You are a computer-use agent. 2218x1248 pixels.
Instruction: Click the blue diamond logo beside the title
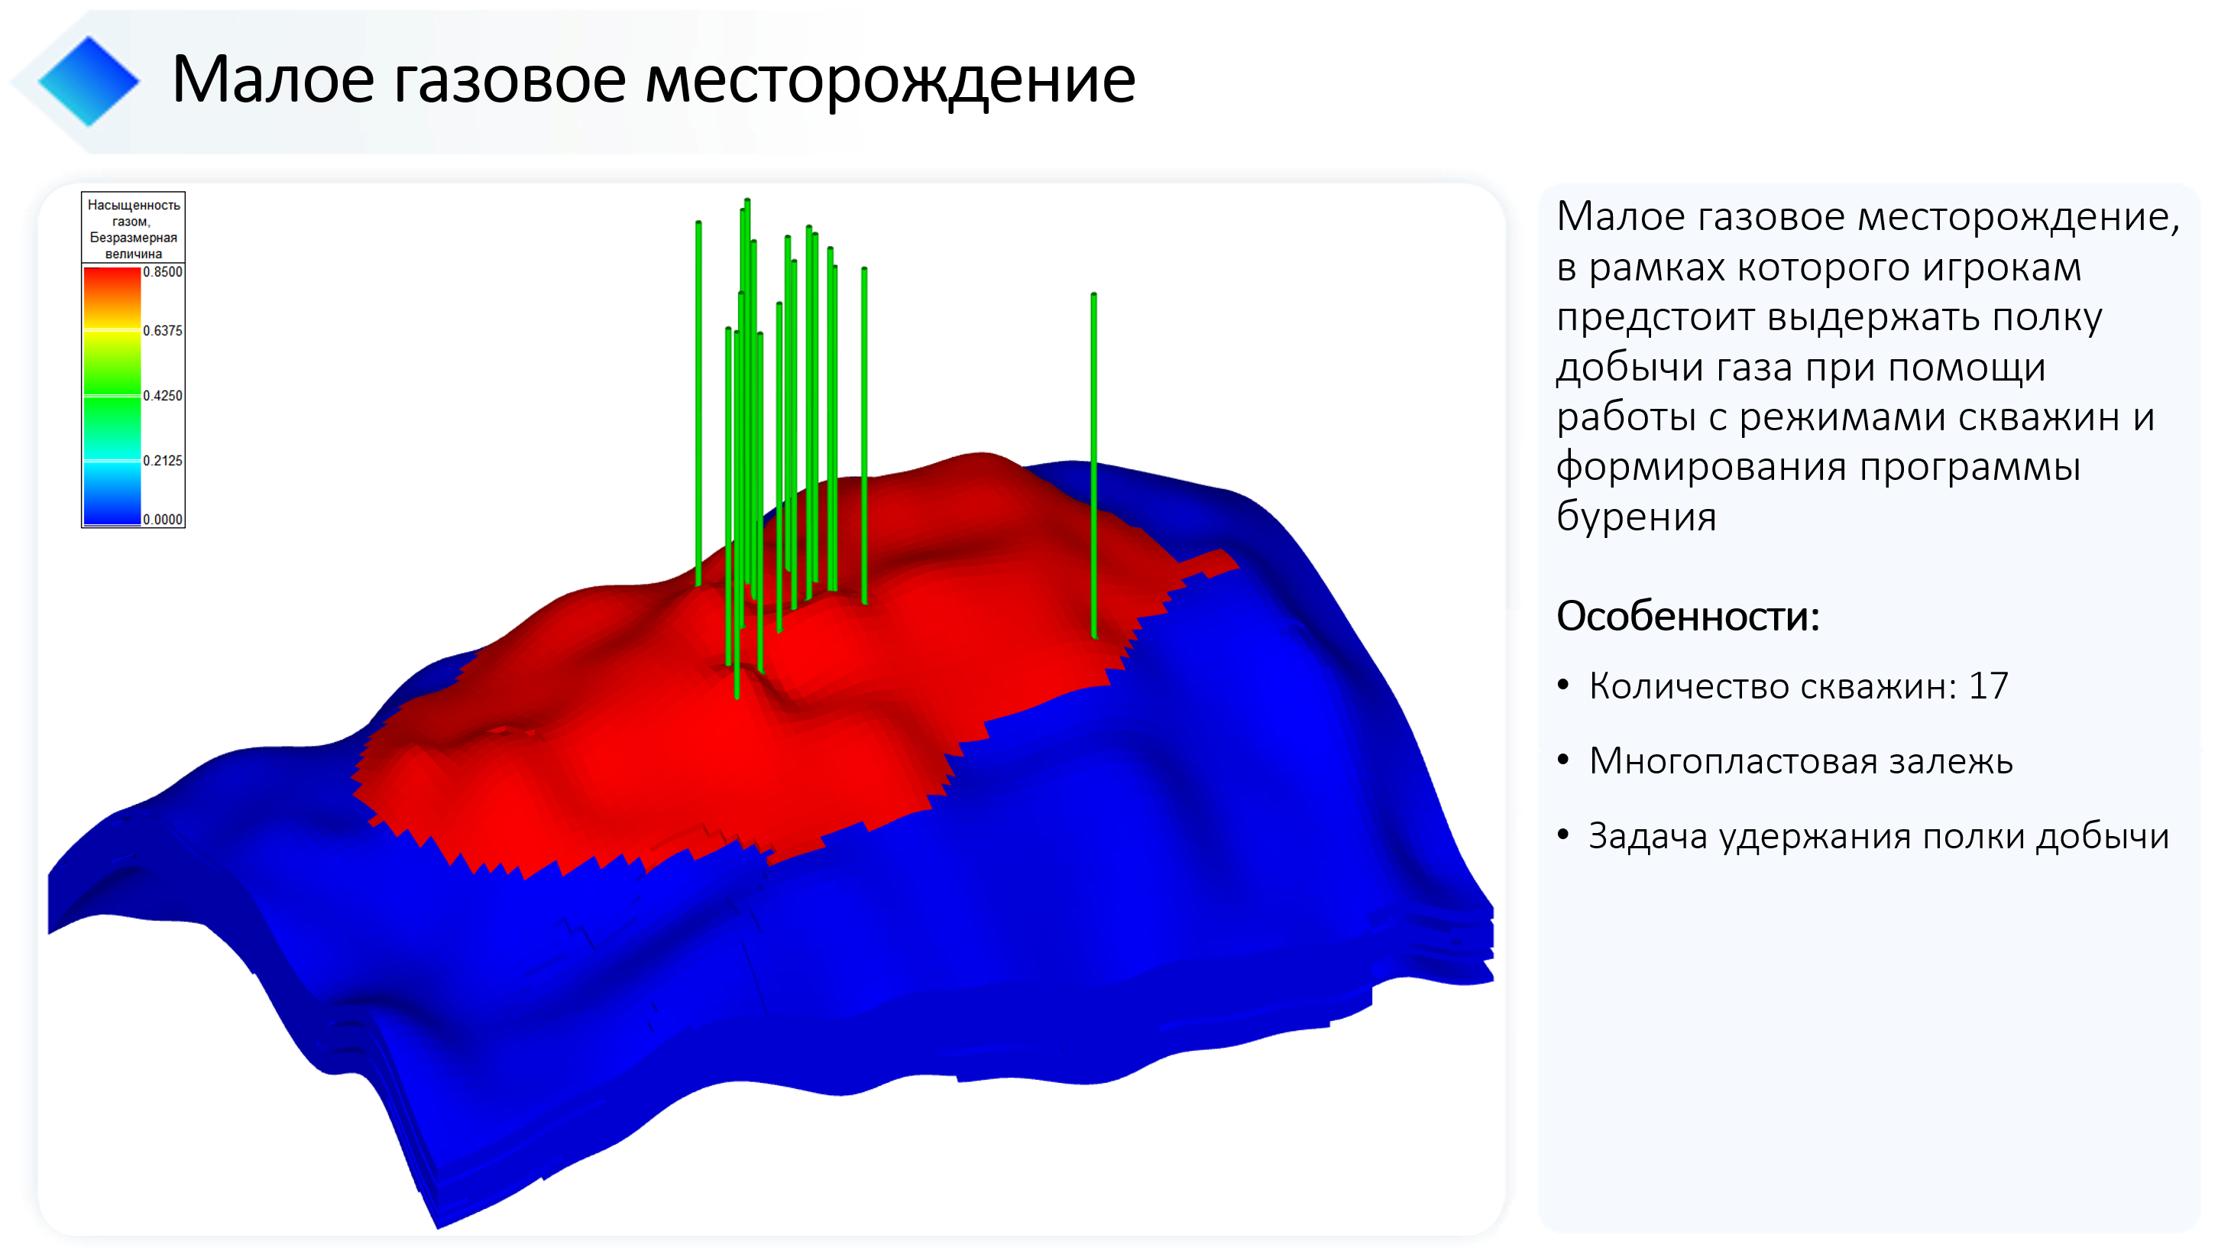(x=89, y=81)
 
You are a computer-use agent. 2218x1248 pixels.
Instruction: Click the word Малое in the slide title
(x=272, y=79)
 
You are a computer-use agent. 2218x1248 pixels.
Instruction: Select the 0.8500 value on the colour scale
(x=163, y=272)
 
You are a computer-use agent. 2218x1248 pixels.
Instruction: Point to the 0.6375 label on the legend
(x=163, y=331)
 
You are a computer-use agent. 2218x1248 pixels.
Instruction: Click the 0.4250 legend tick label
(x=163, y=396)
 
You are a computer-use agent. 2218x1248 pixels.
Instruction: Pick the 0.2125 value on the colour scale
(x=163, y=461)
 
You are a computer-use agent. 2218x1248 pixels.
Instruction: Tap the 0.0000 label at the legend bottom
(x=163, y=520)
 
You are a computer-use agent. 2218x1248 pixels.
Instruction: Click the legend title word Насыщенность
(x=134, y=205)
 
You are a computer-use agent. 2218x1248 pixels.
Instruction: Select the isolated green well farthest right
(x=1093, y=465)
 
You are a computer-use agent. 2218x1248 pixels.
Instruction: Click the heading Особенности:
(x=1688, y=617)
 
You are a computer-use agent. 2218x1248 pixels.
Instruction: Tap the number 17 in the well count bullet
(x=1988, y=686)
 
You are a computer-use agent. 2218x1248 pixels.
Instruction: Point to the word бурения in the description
(x=1637, y=517)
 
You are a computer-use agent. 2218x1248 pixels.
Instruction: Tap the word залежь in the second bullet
(x=1951, y=761)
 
